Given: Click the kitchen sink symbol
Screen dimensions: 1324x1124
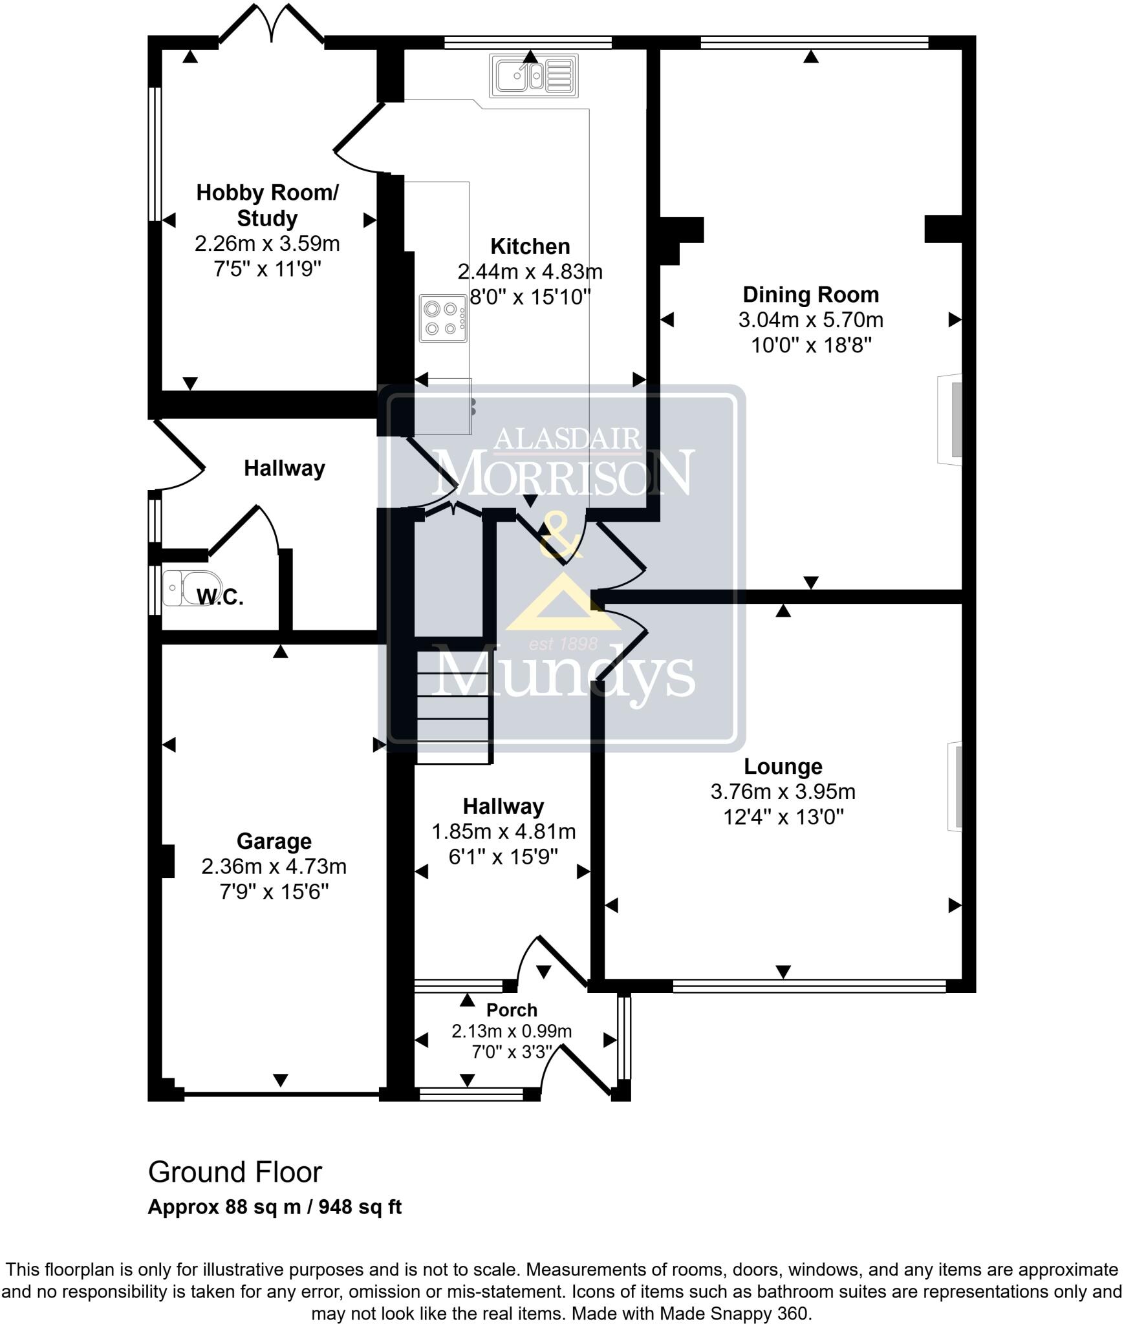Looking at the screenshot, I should pos(534,76).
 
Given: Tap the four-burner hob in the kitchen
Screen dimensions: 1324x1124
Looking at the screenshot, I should pos(443,318).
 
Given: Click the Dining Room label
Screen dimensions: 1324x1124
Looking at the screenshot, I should pos(810,295).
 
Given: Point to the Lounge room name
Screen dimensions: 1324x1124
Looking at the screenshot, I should pos(783,766).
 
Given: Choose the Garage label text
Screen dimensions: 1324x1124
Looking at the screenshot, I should pos(274,841).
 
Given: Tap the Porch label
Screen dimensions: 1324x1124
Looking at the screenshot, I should pos(512,1010).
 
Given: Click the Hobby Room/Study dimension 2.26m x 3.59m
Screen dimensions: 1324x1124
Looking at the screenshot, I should pos(267,244).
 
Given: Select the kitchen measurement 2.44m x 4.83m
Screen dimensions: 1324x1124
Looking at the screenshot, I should pos(530,272).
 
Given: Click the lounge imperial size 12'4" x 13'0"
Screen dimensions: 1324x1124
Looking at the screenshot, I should pos(783,818).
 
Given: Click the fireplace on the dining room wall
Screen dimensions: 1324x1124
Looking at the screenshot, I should pos(951,420).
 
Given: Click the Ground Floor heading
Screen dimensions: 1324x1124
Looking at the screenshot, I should pos(235,1172).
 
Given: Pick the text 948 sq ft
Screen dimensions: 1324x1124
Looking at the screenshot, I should pos(360,1207).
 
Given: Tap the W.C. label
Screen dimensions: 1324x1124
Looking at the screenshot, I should pos(220,597).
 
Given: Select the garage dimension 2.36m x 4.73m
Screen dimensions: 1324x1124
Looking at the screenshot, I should pos(274,866).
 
